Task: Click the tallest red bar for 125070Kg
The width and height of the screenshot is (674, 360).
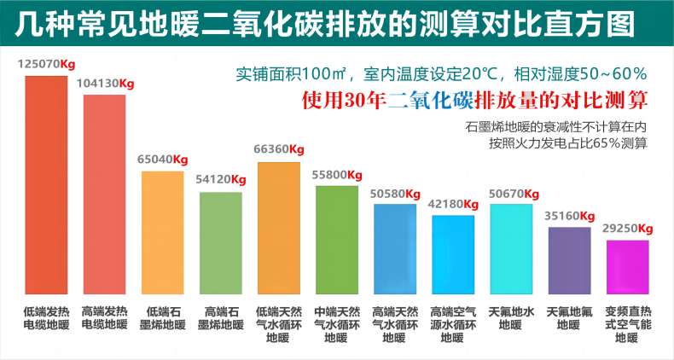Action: pos(46,184)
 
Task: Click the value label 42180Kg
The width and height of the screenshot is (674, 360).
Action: pos(453,204)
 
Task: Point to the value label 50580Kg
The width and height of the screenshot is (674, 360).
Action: pos(395,194)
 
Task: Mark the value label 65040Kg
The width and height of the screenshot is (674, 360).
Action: pos(163,160)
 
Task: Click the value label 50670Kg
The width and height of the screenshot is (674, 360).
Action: pos(511,193)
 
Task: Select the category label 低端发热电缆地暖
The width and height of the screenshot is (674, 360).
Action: pos(46,317)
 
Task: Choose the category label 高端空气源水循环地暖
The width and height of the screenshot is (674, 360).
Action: pos(453,324)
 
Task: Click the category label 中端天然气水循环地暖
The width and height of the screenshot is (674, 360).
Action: pos(336,324)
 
